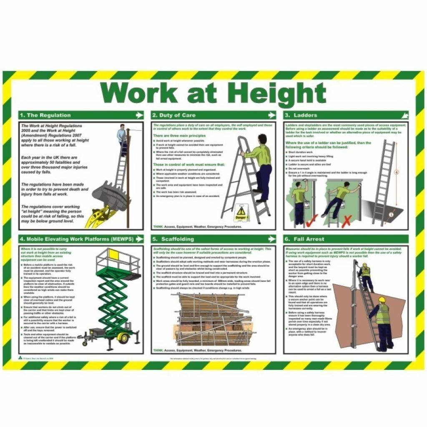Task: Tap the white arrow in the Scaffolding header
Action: tap(271, 239)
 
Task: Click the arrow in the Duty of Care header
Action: tap(271, 115)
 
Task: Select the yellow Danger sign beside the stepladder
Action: tap(241, 213)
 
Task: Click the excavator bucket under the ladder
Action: tap(110, 196)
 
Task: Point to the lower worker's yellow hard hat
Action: tap(382, 300)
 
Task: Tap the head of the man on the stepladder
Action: tap(262, 139)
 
